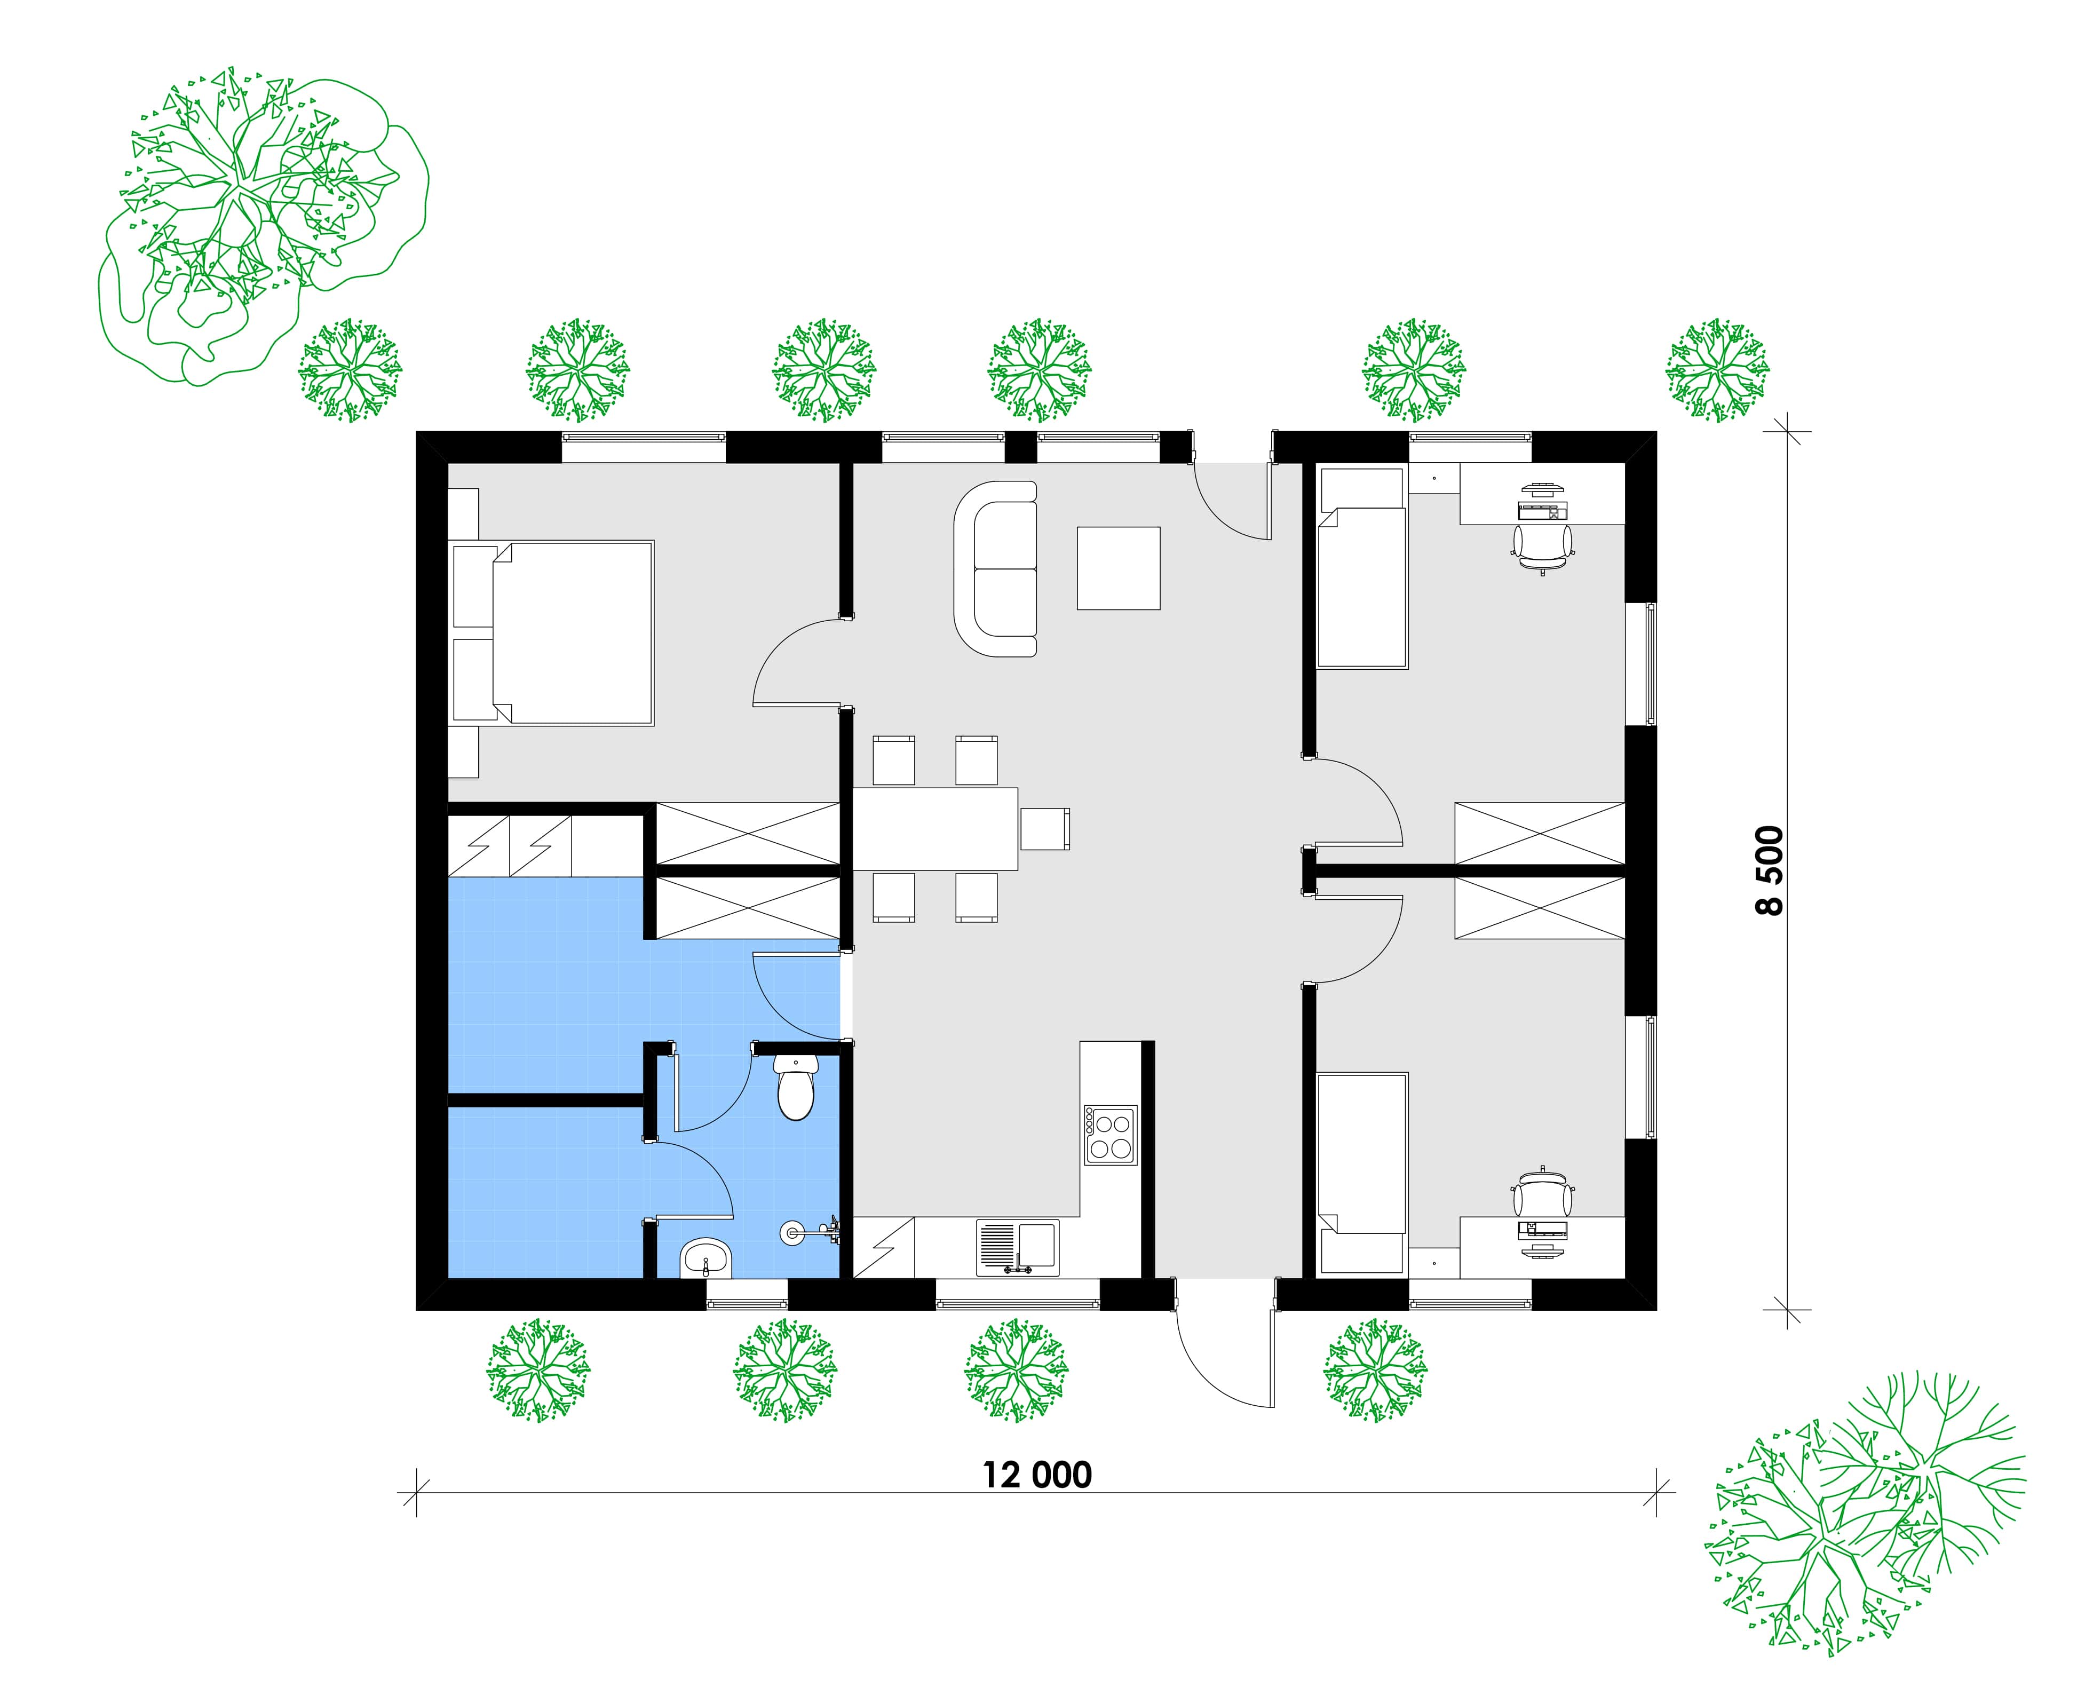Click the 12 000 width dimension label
click(1037, 1475)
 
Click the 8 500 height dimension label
click(1770, 870)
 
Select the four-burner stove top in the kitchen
click(1110, 1135)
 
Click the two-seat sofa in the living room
click(995, 569)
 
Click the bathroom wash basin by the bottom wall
click(705, 1257)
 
